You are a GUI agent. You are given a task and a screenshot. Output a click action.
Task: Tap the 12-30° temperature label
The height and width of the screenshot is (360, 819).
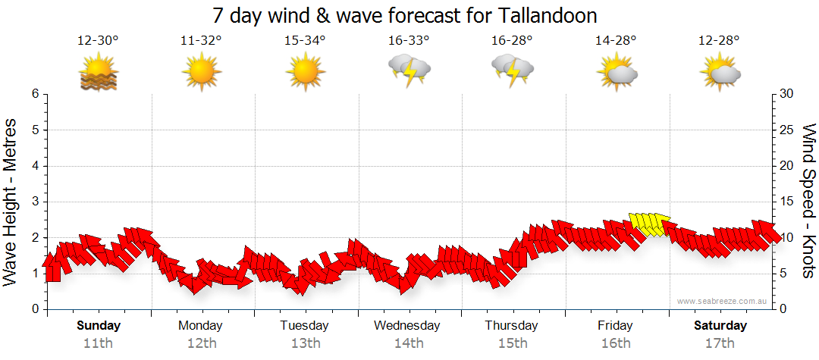click(98, 41)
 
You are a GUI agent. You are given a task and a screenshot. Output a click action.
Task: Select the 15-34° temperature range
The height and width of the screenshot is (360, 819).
click(305, 41)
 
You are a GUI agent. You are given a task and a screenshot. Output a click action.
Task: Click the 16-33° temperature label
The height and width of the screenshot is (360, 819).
click(409, 41)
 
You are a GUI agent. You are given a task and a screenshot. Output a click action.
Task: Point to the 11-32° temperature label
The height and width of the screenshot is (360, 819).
click(201, 41)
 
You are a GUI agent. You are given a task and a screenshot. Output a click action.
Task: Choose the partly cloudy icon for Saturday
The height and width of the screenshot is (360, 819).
click(720, 72)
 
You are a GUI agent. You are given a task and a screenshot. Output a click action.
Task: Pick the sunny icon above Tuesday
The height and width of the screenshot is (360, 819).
click(305, 72)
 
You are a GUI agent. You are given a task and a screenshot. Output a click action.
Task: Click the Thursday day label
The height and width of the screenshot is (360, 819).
click(512, 326)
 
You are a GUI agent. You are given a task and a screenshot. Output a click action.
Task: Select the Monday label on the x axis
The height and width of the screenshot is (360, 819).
click(200, 326)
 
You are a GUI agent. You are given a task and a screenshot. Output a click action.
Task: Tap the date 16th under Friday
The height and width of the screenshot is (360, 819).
click(615, 343)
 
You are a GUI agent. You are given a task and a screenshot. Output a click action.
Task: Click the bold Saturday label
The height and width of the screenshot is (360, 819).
click(720, 326)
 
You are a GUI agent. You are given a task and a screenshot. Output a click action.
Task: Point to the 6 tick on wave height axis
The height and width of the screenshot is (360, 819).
click(34, 94)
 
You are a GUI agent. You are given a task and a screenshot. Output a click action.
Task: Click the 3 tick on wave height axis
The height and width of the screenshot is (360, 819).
click(34, 202)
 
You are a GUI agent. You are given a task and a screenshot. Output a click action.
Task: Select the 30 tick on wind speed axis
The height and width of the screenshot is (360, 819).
click(788, 94)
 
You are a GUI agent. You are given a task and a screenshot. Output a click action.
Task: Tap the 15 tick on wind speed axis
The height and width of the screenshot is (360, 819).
click(788, 202)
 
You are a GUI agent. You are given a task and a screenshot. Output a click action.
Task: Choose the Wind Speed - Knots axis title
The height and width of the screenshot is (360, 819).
click(808, 201)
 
